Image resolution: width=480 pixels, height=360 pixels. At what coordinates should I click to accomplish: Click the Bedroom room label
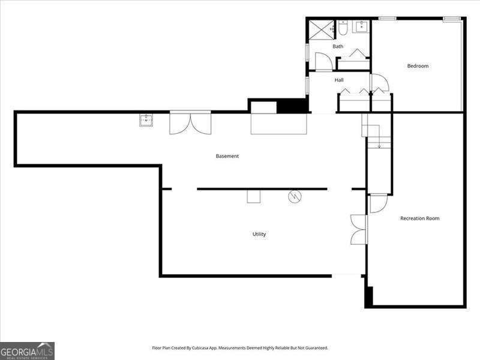[x=418, y=66]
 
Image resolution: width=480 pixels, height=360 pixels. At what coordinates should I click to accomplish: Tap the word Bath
[x=338, y=46]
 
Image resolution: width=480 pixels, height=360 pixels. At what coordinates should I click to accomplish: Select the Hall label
[x=339, y=80]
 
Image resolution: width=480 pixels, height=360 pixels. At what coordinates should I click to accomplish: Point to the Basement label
[x=227, y=156]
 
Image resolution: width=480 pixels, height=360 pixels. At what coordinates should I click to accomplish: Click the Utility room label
[x=259, y=234]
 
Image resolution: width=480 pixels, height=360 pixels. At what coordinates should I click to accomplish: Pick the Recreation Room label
[x=419, y=218]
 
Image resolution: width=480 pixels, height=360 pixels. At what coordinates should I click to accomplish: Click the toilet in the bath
[x=343, y=28]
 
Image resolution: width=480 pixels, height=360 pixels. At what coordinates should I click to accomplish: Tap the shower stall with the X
[x=322, y=29]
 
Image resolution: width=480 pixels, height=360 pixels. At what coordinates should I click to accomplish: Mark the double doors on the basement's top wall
[x=190, y=122]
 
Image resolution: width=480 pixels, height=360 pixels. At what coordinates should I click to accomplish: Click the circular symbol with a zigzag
[x=295, y=196]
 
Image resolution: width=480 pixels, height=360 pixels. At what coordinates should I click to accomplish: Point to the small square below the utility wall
[x=254, y=196]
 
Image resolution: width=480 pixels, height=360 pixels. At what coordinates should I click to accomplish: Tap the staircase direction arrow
[x=379, y=145]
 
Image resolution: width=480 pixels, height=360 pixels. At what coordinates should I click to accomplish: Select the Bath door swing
[x=322, y=61]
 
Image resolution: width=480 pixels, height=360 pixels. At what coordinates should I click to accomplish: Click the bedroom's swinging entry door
[x=379, y=83]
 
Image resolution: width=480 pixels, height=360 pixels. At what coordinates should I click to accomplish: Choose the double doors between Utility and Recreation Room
[x=358, y=229]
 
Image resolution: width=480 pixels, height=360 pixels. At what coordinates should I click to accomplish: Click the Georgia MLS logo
[x=27, y=350]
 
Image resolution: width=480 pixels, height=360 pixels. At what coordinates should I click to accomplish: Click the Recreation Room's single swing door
[x=378, y=204]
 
